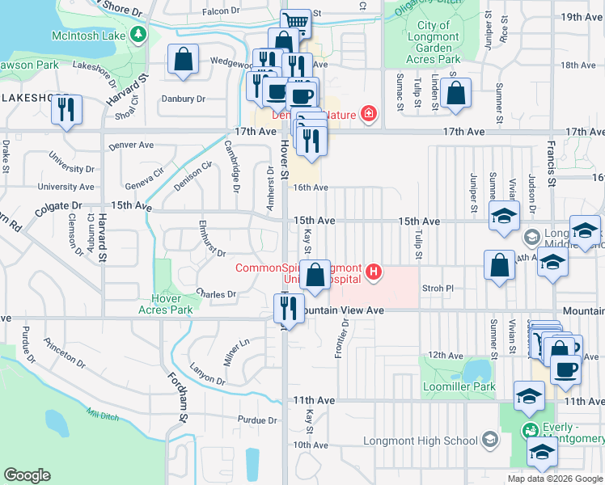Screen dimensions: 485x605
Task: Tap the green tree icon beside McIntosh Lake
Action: coord(138,34)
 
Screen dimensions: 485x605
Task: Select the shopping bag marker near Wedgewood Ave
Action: coord(184,60)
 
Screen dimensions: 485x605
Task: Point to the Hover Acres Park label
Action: coord(166,304)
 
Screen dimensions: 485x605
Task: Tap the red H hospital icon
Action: coord(373,271)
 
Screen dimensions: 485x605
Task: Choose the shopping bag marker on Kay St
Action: coord(316,275)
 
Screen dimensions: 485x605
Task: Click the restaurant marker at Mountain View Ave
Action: coord(288,309)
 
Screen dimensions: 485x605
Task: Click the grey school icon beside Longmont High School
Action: coord(489,440)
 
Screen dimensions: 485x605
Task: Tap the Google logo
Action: coord(27,475)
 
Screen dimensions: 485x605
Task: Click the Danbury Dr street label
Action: coord(184,99)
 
